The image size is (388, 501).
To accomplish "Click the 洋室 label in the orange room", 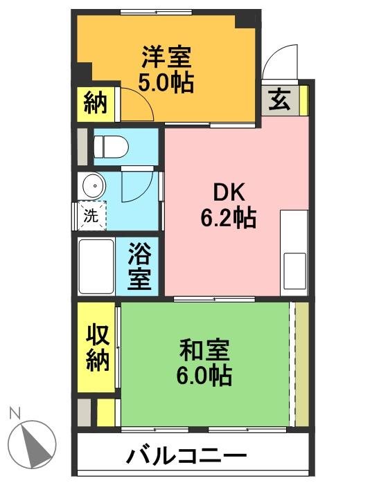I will [x=166, y=56].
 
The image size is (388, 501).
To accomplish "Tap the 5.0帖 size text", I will [x=166, y=83].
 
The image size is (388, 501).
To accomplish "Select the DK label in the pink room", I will [x=229, y=193].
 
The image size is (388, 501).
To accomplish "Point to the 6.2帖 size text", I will [x=229, y=219].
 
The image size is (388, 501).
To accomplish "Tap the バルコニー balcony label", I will [x=187, y=457].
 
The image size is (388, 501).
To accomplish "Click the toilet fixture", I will [x=111, y=146].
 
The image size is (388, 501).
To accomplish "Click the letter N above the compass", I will [x=14, y=414].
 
